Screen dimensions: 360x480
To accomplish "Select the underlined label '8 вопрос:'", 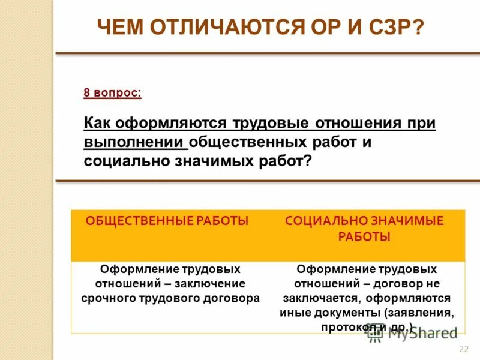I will point(113,93).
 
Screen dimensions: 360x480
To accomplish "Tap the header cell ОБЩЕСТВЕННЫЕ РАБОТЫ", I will point(167,221).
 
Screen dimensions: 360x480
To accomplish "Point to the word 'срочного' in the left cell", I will point(107,298).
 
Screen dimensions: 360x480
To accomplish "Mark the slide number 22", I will point(463,350).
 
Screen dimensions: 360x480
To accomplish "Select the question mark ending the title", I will point(418,27).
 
